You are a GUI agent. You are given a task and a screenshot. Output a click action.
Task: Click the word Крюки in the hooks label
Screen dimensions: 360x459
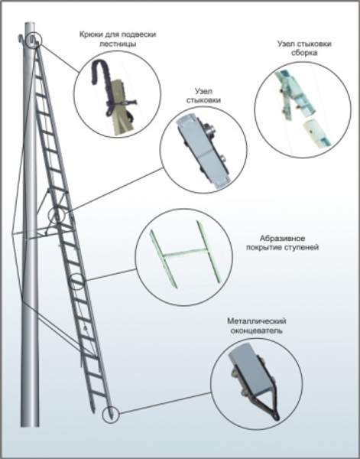(89, 34)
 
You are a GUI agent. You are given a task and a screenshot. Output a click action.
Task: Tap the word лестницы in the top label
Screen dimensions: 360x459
(118, 44)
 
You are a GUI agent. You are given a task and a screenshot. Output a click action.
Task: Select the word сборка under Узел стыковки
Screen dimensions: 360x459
(304, 53)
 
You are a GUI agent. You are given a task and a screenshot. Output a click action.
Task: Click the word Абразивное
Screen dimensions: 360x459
(283, 238)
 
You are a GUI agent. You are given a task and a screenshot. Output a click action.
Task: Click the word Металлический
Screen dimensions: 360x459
(257, 321)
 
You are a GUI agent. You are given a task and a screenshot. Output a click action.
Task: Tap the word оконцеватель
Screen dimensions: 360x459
(257, 330)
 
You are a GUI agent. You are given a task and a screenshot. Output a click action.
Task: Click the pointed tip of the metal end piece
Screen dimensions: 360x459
(277, 418)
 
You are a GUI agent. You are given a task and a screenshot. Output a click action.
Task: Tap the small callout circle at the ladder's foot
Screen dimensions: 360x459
(111, 415)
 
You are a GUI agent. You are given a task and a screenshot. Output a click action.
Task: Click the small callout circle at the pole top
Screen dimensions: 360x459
(34, 40)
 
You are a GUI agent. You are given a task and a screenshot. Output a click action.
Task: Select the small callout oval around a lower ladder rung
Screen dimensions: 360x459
(76, 282)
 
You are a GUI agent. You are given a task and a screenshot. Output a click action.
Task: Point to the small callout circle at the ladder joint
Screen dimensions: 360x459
(57, 216)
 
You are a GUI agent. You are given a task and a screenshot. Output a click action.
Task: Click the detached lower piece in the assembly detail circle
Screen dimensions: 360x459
(316, 134)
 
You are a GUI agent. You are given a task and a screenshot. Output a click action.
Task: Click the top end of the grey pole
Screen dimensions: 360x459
(30, 24)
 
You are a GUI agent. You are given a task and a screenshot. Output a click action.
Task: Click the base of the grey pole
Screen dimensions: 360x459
(30, 425)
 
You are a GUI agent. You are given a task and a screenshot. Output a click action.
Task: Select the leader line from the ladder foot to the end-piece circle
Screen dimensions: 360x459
(165, 403)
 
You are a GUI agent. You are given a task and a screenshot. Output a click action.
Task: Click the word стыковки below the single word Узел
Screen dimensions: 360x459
(203, 100)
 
